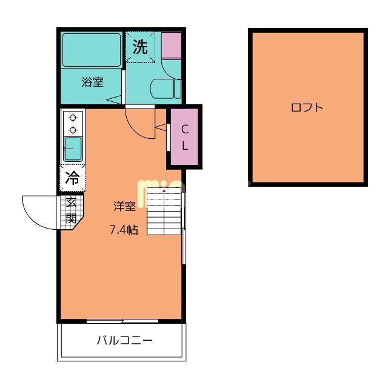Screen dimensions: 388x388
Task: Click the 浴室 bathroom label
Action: click(92, 83)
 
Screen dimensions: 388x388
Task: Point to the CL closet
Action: click(185, 137)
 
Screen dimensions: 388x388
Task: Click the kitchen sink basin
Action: click(73, 149)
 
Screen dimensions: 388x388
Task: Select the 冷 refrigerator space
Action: click(72, 178)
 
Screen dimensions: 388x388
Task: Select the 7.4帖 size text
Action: click(124, 230)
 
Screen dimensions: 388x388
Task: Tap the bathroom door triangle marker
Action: click(114, 99)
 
